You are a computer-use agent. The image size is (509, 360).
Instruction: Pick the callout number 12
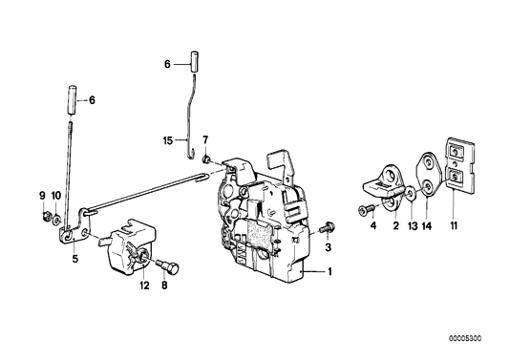(x=145, y=284)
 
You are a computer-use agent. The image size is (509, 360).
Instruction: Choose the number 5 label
(x=74, y=257)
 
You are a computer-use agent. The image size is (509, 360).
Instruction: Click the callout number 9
(x=42, y=196)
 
